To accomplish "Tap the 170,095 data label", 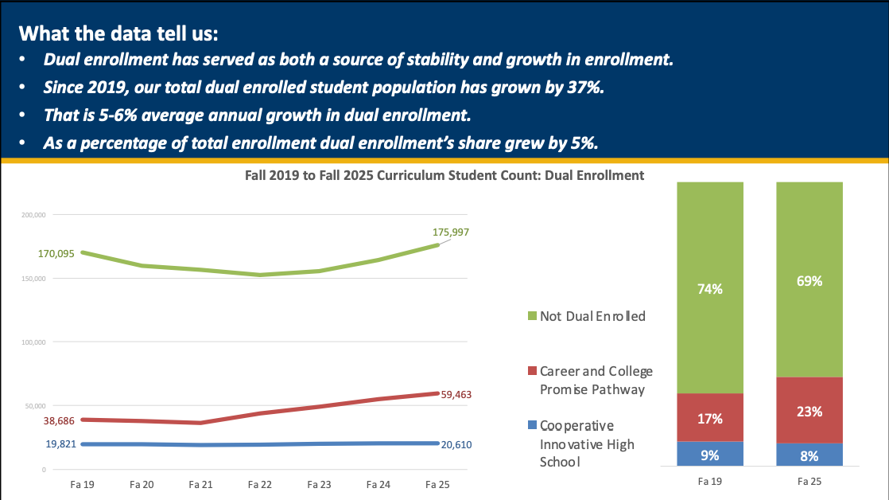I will [x=56, y=254].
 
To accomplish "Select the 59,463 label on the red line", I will [x=456, y=394].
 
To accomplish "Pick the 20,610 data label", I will [x=456, y=444].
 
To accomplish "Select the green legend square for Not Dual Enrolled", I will [x=533, y=316].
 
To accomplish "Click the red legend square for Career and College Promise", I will [x=533, y=372].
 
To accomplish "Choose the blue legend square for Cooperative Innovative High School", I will [x=533, y=426].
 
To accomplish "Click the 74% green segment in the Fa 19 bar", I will [x=710, y=288].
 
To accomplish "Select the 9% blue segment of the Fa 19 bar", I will [x=710, y=455].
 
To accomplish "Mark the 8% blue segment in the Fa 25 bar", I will [x=809, y=455].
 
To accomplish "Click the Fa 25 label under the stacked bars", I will [x=809, y=482].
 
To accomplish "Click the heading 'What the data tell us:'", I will [x=118, y=34].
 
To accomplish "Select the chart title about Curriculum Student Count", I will [x=444, y=175].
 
